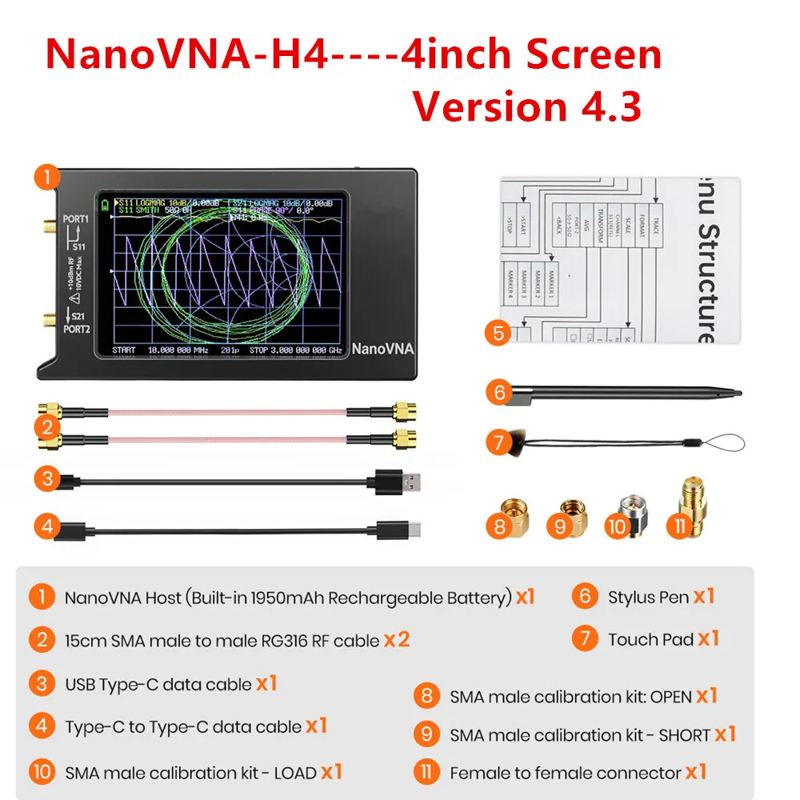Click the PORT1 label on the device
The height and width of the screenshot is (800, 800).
[76, 218]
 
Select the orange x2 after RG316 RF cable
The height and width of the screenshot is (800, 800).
[397, 639]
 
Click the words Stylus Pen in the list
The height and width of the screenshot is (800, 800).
[648, 597]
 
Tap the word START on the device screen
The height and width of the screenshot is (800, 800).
[124, 350]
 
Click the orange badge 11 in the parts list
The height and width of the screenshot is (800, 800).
[426, 773]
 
